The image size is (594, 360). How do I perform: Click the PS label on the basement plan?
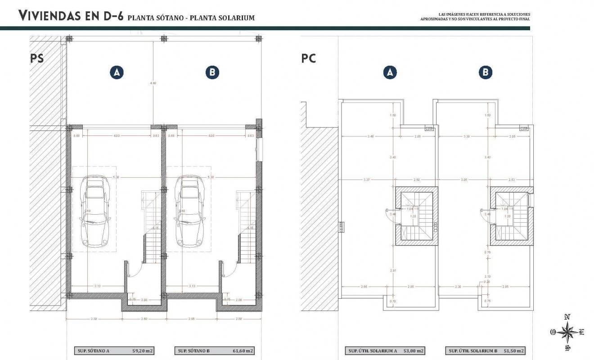pos(37,58)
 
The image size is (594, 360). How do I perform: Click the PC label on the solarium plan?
pos(309,58)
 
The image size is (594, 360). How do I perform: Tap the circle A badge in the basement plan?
pos(117,72)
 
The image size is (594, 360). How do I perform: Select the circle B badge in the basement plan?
pos(212,72)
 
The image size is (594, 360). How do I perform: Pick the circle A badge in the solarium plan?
pos(390,72)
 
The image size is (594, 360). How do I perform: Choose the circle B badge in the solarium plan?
pos(486,72)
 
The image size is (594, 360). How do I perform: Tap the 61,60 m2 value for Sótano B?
pos(243,351)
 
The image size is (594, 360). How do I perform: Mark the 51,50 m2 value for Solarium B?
pos(514,351)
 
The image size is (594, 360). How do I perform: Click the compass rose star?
pos(568,333)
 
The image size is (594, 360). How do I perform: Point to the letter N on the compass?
pos(568,317)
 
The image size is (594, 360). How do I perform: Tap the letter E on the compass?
pos(582,333)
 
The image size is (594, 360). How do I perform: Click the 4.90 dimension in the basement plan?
pos(154,83)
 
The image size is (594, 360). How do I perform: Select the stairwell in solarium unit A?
pos(417,216)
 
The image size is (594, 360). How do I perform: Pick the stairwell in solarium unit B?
pos(511,216)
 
